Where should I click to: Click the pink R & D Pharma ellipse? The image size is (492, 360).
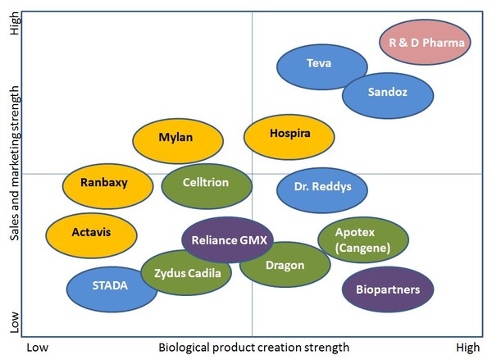pos(426,43)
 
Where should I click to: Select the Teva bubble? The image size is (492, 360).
pos(321,64)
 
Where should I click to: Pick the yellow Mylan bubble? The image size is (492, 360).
pos(178,138)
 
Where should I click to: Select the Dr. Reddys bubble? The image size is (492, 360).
pos(322,187)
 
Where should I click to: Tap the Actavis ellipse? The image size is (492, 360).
pos(91,232)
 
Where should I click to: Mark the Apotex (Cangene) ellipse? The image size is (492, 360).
pos(362,240)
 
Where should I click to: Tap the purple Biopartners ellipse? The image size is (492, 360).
pos(388,289)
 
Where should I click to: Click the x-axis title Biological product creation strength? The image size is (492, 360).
pos(253,348)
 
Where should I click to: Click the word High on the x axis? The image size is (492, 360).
pos(467,348)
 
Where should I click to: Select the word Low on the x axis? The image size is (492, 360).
pos(38,348)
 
